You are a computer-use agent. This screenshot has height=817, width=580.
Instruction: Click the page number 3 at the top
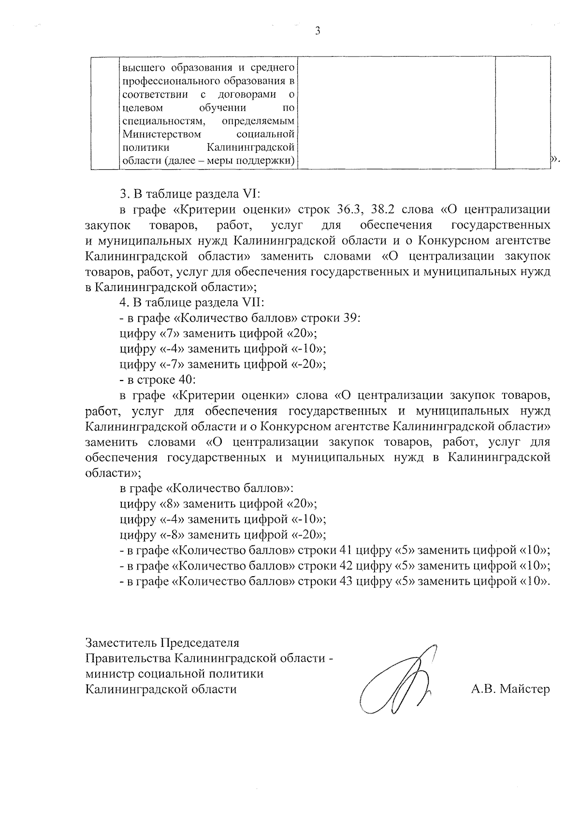pos(318,31)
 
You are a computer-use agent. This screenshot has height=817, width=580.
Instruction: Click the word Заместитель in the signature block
pos(121,643)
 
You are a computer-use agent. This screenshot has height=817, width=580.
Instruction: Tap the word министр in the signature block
pos(110,674)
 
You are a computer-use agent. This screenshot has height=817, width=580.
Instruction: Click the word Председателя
pos(200,643)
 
